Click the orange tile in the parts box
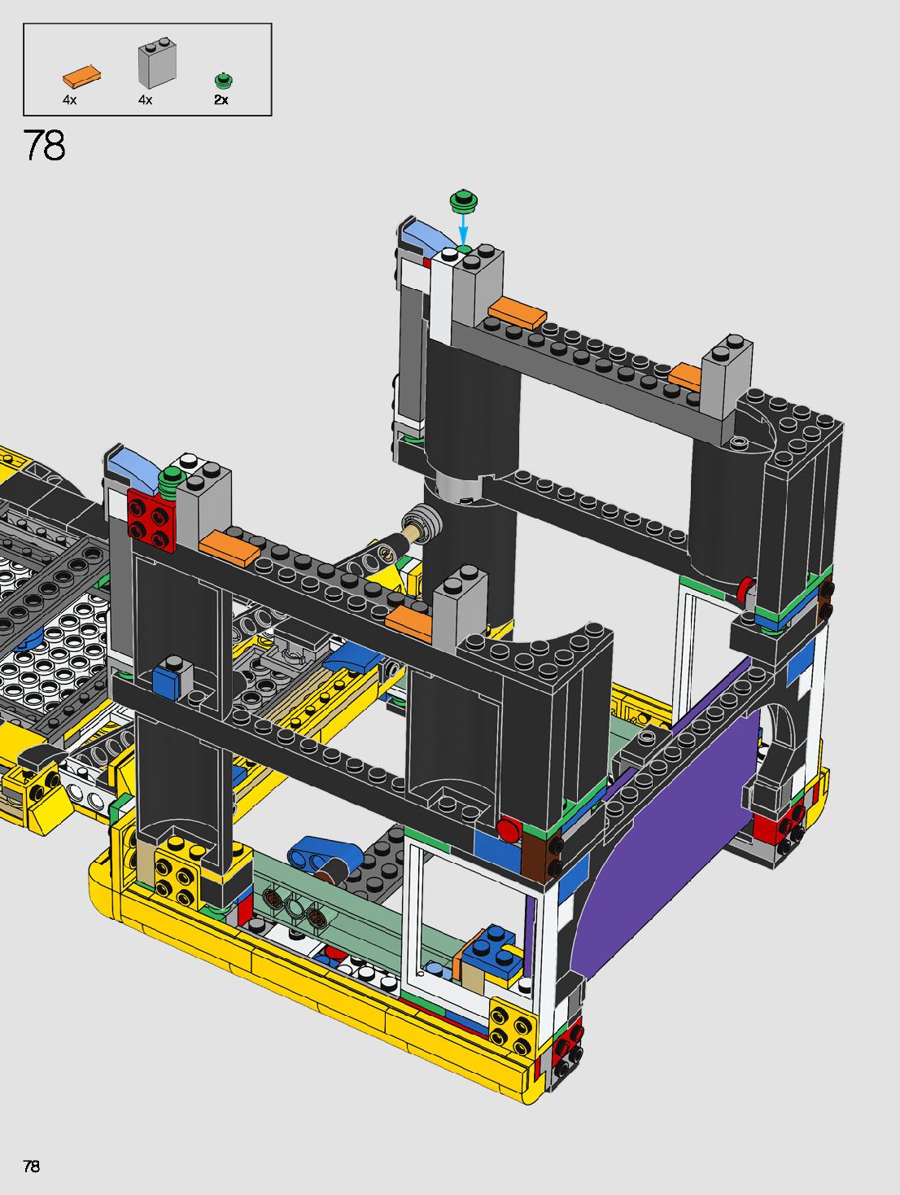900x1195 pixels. point(81,77)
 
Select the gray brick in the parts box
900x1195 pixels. point(157,63)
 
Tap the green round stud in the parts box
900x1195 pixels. point(223,81)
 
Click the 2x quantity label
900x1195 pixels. point(221,100)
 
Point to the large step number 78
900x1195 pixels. point(44,146)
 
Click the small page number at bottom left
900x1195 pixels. point(31,1166)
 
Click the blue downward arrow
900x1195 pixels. point(463,229)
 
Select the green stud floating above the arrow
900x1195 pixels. point(464,201)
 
